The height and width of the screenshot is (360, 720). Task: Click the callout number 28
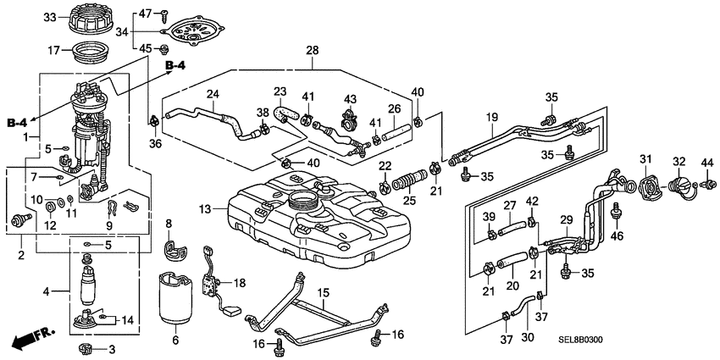pos(312,52)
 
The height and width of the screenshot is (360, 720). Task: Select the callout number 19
pos(490,116)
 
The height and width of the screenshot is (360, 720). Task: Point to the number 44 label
pos(706,161)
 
